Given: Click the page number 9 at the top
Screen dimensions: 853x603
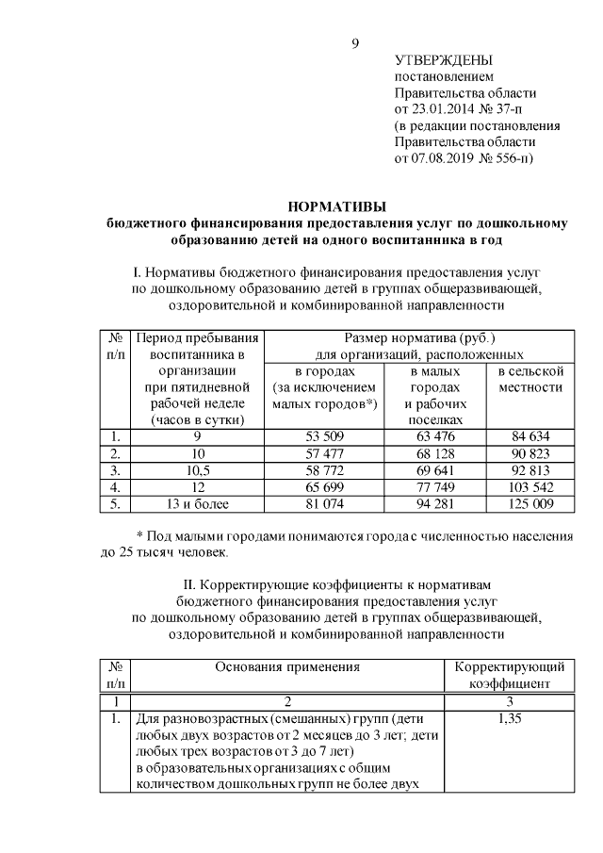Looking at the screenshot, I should click(x=354, y=42).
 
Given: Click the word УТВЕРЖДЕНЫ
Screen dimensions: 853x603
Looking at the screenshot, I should click(x=442, y=60).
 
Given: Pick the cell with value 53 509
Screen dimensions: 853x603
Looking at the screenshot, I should click(x=323, y=436).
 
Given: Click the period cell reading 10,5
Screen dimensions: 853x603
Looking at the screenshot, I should click(x=196, y=470).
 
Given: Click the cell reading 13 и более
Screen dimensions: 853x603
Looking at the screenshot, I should click(x=196, y=504).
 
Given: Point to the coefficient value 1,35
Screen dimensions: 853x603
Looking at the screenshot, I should click(x=509, y=719).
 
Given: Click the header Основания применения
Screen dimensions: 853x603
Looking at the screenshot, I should click(x=287, y=666).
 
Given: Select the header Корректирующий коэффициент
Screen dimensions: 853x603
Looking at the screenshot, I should click(x=509, y=675).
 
